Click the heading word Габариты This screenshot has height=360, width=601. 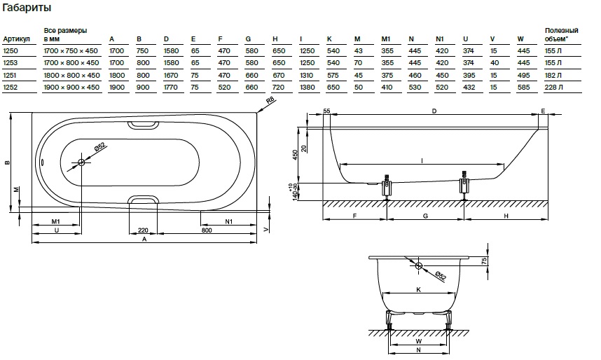[x=26, y=8]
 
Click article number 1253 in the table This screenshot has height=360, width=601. [x=11, y=63]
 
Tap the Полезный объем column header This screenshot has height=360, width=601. [x=561, y=35]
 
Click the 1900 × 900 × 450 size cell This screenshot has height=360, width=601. [x=71, y=87]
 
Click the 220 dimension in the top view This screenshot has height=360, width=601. [x=142, y=230]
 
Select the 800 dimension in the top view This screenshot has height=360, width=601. [x=207, y=230]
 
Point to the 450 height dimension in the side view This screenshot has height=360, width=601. [x=296, y=155]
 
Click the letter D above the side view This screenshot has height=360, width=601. [x=434, y=111]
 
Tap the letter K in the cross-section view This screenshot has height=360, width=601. [x=418, y=289]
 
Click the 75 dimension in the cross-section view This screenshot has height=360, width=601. [x=484, y=260]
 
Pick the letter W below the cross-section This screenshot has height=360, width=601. [x=418, y=342]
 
